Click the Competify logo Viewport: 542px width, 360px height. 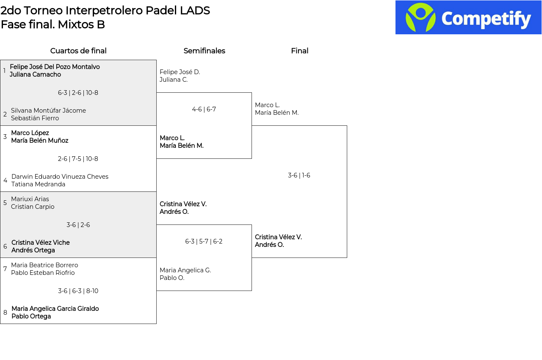[468, 17]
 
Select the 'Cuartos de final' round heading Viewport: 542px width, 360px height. [78, 51]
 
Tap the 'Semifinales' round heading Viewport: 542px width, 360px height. [204, 51]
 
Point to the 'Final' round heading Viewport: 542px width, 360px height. [299, 51]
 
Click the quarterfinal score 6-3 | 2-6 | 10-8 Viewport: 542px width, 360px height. [78, 93]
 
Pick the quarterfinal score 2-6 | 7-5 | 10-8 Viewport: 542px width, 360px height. [78, 159]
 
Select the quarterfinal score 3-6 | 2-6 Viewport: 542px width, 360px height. [78, 225]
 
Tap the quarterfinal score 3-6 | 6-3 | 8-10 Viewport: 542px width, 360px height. [78, 291]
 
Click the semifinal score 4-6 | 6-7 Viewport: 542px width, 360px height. [204, 109]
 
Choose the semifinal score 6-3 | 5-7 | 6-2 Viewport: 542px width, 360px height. [204, 241]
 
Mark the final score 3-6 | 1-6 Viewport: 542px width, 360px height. [299, 175]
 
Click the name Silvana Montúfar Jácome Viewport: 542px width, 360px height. [48, 111]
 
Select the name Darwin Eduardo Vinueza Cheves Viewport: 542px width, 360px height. [60, 177]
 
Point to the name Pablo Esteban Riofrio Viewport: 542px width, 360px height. [43, 273]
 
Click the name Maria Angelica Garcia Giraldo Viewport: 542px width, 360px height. [55, 309]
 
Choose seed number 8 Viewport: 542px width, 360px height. [5, 313]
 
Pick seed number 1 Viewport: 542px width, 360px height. [4, 71]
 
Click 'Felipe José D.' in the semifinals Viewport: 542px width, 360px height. [180, 72]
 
